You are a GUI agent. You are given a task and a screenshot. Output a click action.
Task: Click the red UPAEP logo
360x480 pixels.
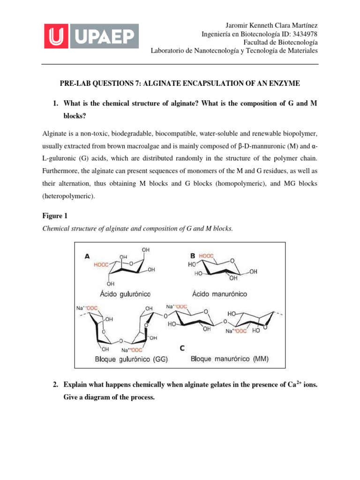[x=91, y=36]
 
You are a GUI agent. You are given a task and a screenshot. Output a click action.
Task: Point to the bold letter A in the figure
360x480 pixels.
[x=87, y=256]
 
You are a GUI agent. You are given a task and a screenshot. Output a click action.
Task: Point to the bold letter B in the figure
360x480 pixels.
[x=193, y=256]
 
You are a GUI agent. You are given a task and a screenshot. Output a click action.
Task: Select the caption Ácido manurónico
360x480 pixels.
[x=219, y=294]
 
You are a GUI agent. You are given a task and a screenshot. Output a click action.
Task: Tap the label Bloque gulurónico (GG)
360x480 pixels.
[x=132, y=360]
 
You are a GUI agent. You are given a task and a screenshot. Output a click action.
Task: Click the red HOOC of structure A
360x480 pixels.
[x=101, y=264]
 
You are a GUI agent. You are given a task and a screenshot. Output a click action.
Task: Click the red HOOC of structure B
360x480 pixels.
[x=207, y=256]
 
